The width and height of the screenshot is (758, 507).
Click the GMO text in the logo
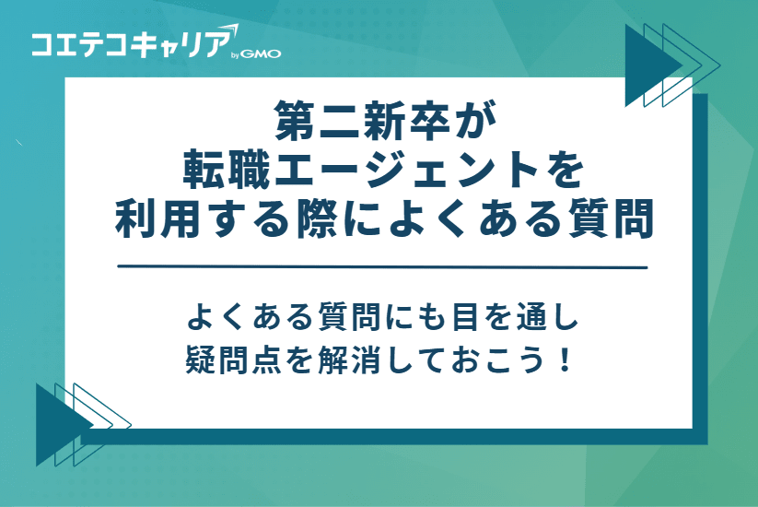pos(263,53)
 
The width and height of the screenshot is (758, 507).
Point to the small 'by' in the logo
pos(236,54)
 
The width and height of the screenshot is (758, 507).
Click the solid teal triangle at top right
pos(645,65)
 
